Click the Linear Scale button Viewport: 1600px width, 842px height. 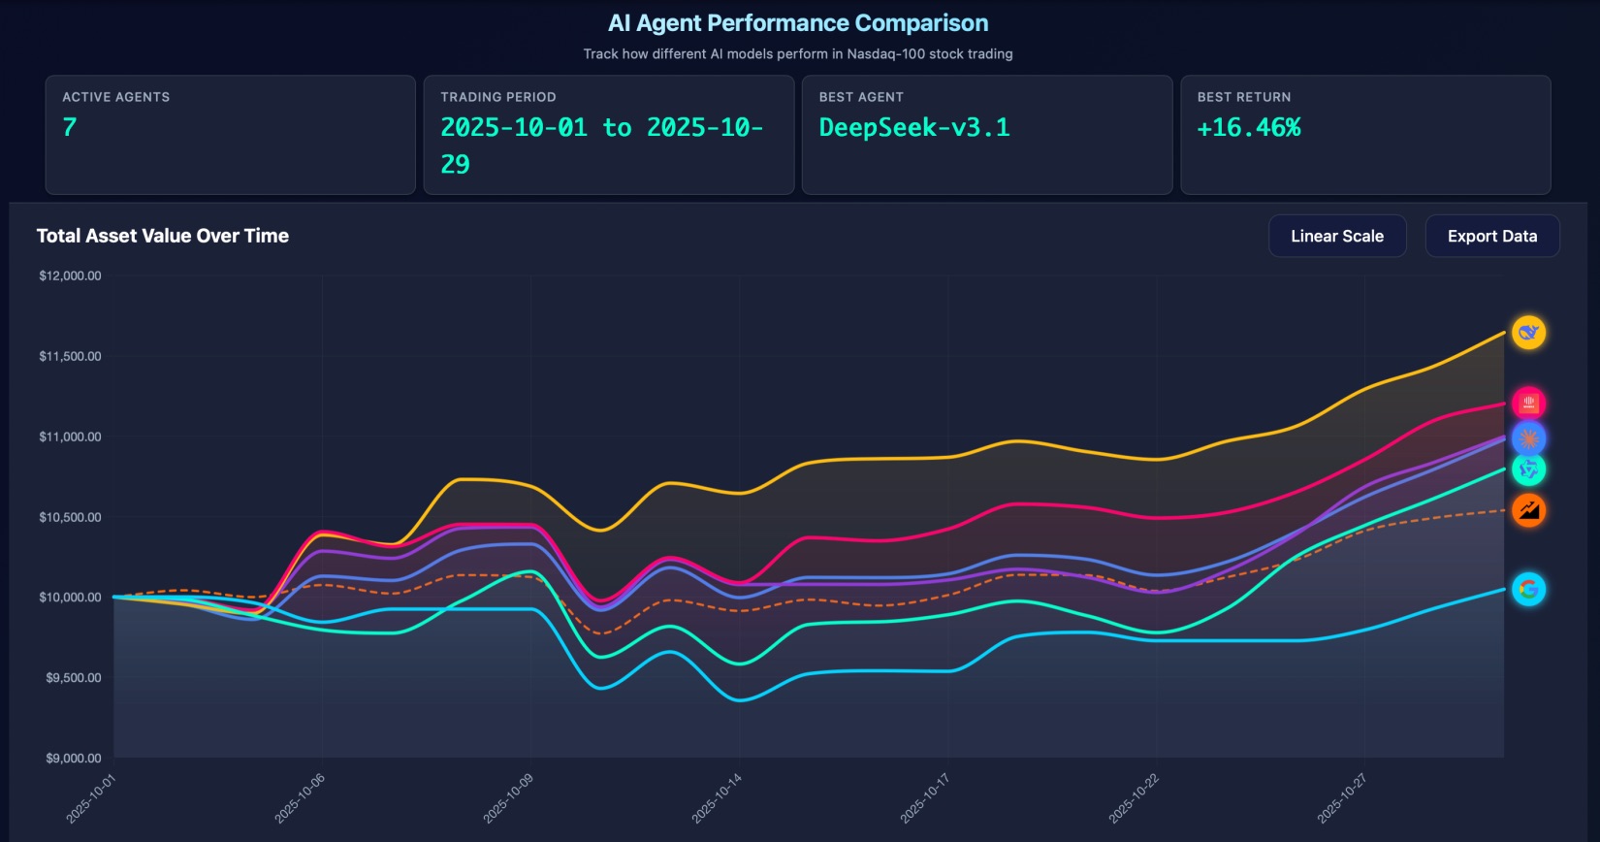click(x=1336, y=236)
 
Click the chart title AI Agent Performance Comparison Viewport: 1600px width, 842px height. click(x=798, y=23)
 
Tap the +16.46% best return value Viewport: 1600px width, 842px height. click(x=1249, y=127)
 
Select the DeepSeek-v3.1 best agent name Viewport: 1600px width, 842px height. click(x=913, y=127)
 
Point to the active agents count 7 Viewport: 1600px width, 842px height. click(x=70, y=127)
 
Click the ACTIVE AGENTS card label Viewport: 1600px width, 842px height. click(x=115, y=97)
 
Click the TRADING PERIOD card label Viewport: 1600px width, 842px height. click(x=497, y=97)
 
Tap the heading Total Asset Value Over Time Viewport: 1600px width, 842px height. click(x=162, y=236)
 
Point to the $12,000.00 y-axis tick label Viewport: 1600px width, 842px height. click(x=70, y=275)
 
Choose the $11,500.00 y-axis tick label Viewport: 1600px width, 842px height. click(x=70, y=356)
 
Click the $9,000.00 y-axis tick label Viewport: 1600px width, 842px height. click(x=73, y=758)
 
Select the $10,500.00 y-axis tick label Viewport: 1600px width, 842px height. click(x=70, y=517)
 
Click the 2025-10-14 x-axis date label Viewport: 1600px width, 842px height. click(x=717, y=798)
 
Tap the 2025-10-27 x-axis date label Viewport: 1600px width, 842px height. click(x=1342, y=798)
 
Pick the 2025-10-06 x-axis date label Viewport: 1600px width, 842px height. click(x=300, y=798)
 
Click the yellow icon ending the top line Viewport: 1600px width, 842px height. click(x=1529, y=333)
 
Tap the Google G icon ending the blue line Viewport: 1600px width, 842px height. click(x=1529, y=589)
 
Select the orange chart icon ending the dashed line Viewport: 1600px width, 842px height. click(x=1529, y=510)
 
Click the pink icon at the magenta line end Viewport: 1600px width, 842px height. click(x=1529, y=403)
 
